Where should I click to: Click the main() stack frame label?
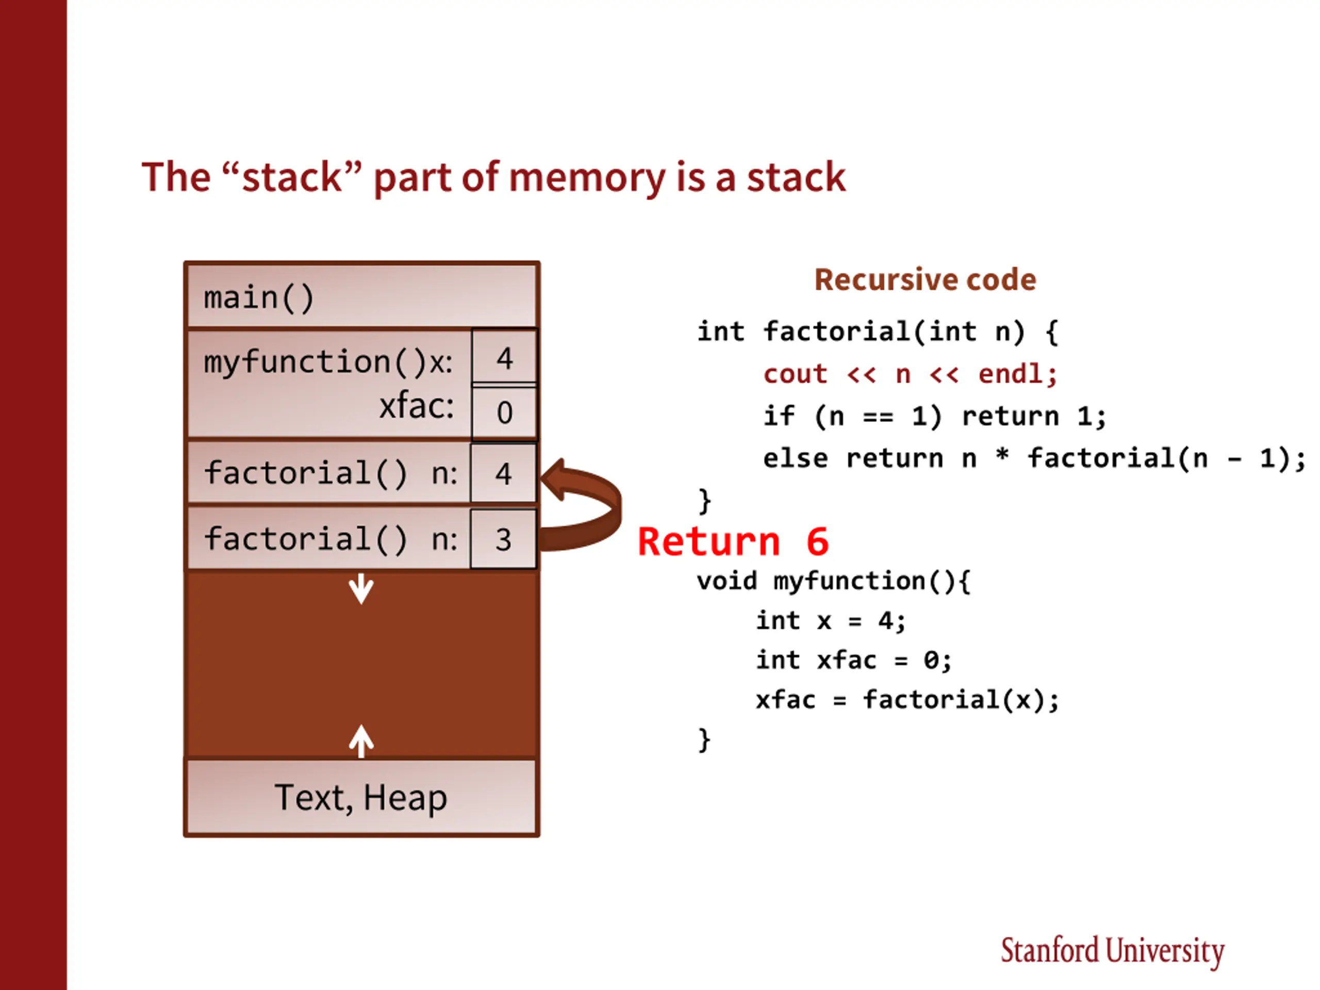(258, 298)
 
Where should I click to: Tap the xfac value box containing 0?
(504, 412)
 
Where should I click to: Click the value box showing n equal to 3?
(503, 539)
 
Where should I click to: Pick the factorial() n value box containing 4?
(503, 473)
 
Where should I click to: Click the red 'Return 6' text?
(733, 542)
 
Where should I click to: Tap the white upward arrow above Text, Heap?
(361, 741)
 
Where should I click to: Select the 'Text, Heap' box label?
(360, 798)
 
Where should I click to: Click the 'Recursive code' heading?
(926, 280)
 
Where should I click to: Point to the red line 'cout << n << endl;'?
(911, 375)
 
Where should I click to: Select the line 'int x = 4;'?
(831, 621)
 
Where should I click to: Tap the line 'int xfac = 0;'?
(854, 661)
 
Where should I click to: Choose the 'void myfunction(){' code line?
(834, 581)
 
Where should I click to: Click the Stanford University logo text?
(1112, 951)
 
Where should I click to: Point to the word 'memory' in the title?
(587, 178)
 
